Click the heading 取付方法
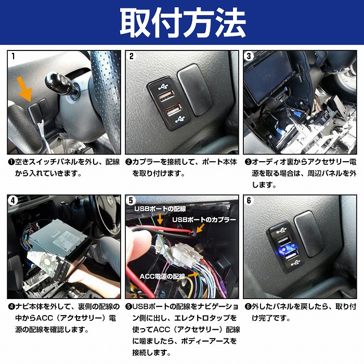182,22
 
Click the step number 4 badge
13,200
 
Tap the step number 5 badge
132,200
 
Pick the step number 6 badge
249,200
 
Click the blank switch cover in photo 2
193,89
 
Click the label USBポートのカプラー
204,220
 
